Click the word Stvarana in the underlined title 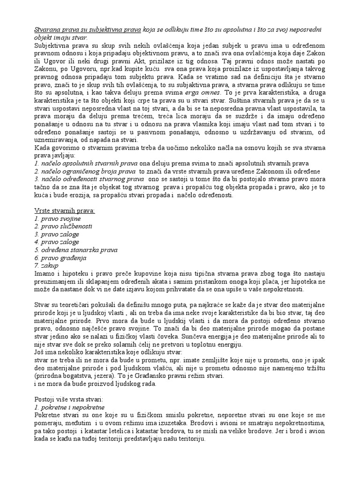click(x=47, y=30)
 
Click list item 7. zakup click(x=47, y=265)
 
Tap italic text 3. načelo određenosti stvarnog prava click(x=89, y=179)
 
